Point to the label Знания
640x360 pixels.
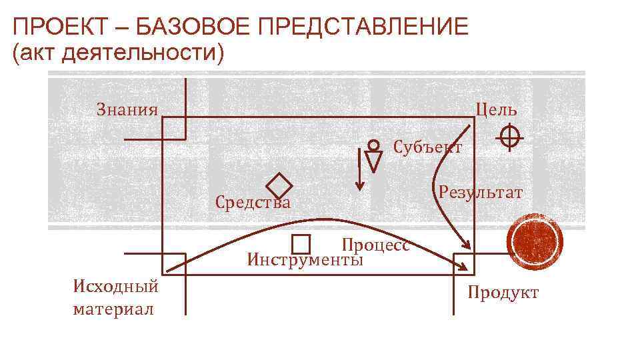(x=127, y=109)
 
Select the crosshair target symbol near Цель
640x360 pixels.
(x=509, y=137)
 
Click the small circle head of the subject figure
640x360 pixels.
(x=374, y=144)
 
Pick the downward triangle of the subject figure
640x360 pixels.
(x=374, y=161)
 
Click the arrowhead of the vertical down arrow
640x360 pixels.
(x=359, y=186)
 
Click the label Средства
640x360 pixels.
(x=253, y=202)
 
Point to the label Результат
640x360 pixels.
(x=481, y=193)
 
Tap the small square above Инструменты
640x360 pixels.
(x=301, y=245)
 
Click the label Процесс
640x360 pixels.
(x=375, y=245)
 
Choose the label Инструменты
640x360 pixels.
(x=305, y=259)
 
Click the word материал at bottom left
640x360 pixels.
(x=113, y=309)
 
